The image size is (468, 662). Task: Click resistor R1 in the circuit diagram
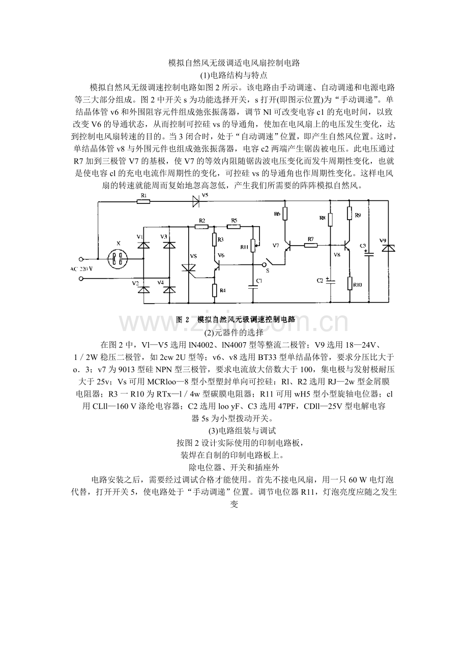143,201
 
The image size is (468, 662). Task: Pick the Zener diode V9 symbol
389,248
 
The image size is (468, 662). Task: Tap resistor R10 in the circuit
349,284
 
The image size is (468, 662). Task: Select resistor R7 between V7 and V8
311,245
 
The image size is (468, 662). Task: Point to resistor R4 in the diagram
215,290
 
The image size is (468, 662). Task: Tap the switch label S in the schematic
268,271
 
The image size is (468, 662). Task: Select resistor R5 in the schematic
233,226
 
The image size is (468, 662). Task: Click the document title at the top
233,64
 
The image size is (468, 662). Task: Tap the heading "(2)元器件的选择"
233,333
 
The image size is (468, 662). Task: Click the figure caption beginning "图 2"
236,319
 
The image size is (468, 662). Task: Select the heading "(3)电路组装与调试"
233,431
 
